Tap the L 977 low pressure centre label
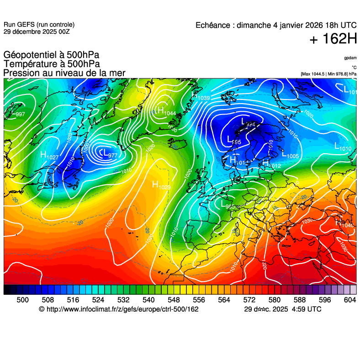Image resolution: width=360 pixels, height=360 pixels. (109, 154)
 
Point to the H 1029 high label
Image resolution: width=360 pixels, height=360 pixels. (161, 185)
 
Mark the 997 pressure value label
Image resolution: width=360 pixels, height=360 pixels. (20, 114)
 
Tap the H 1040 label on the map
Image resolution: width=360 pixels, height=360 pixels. (345, 224)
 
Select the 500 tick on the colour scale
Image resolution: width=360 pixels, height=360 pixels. (22, 300)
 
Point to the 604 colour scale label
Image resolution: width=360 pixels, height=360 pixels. (349, 300)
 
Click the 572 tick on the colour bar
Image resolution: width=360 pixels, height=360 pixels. (249, 300)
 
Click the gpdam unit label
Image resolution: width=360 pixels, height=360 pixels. (350, 58)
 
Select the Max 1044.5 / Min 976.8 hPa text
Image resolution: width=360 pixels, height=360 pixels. (328, 74)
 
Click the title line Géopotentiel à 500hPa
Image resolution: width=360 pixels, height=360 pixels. (51, 55)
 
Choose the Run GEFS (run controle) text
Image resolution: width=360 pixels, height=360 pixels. (39, 25)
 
